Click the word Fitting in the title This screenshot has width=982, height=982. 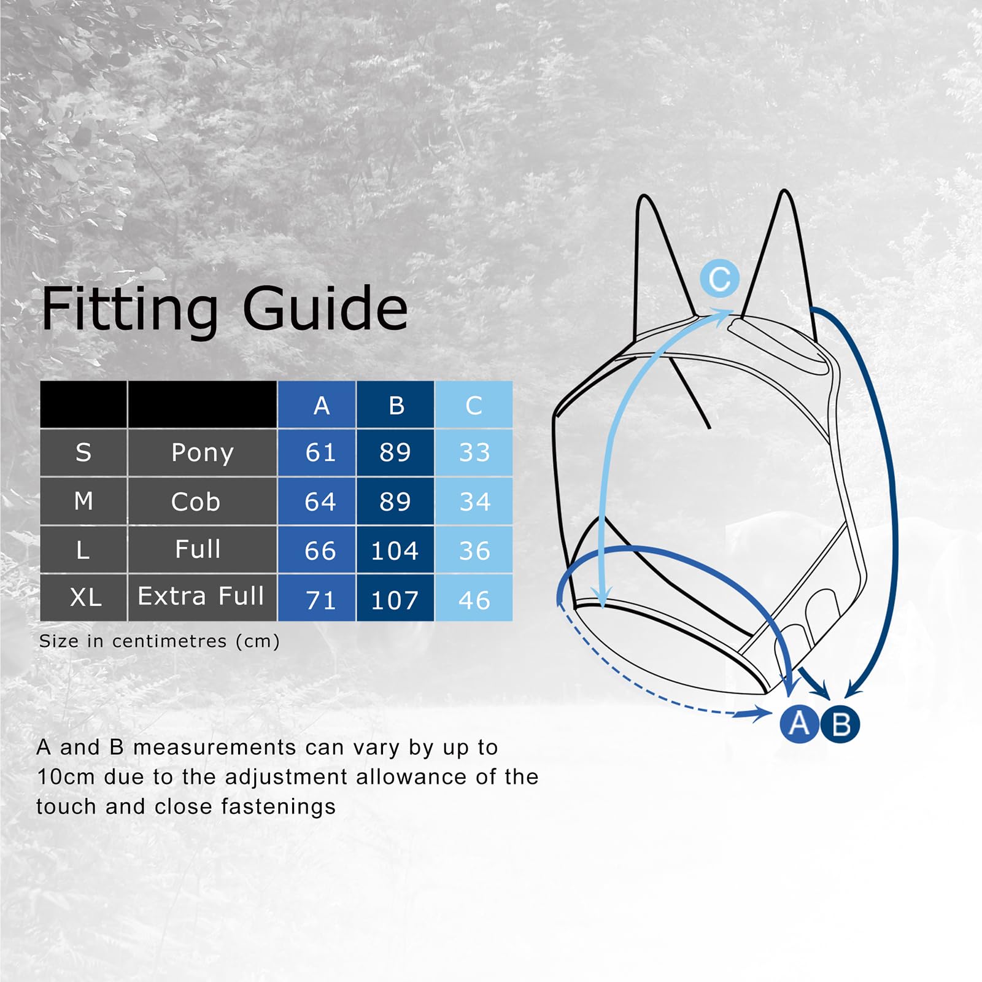(130, 308)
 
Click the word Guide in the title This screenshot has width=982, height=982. (325, 308)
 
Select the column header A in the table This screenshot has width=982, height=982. (321, 406)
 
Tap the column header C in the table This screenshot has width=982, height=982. (473, 406)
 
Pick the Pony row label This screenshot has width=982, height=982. (202, 453)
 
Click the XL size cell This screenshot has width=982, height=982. (85, 597)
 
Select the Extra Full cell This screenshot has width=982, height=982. (201, 596)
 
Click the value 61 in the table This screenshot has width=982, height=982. (320, 453)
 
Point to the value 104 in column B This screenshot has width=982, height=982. (395, 551)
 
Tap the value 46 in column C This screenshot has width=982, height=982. (474, 600)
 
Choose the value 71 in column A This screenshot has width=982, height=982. (320, 600)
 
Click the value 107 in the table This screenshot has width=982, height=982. (395, 600)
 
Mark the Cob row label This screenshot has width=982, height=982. (195, 502)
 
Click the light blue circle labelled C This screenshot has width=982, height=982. (719, 279)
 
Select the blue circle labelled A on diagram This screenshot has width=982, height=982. (798, 724)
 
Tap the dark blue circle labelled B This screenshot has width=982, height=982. (841, 724)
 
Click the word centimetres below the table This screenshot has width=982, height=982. (169, 641)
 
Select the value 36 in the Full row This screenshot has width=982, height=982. (474, 551)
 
